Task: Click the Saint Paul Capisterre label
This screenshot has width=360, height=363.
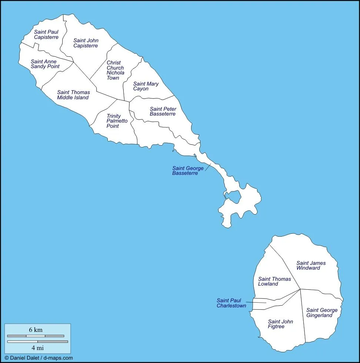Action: (46, 34)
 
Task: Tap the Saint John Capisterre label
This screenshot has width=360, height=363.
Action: (86, 43)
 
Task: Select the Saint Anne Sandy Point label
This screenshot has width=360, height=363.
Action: (45, 64)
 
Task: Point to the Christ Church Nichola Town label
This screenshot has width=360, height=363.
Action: (115, 70)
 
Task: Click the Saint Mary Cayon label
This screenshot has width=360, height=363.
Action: (146, 86)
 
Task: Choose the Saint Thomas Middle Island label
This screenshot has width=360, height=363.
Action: (73, 95)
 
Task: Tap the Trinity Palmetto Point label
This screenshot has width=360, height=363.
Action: (117, 121)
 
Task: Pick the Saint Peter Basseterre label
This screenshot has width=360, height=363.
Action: (163, 111)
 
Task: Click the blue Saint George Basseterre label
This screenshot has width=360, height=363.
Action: (187, 171)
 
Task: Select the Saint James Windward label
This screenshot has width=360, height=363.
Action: (311, 265)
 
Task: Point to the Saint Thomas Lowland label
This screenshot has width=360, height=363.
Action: (274, 282)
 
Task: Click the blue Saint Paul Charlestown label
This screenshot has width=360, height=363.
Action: (231, 303)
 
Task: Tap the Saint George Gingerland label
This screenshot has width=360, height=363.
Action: (321, 313)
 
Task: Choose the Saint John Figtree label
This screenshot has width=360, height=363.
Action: (280, 324)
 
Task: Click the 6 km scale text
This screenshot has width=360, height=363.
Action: (36, 330)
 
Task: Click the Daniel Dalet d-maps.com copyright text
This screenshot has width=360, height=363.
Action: (39, 358)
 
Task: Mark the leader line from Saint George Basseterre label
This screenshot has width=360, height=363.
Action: (207, 167)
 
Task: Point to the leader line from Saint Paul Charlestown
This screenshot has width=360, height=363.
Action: (256, 302)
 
